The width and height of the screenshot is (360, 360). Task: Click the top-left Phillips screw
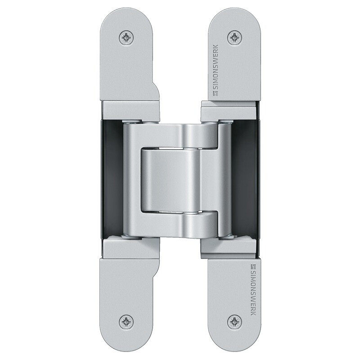click(x=126, y=37)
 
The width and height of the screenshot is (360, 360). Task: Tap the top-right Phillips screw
click(x=234, y=37)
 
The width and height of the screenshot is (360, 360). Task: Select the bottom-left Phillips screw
click(x=126, y=321)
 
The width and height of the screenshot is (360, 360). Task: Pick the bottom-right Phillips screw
click(x=234, y=321)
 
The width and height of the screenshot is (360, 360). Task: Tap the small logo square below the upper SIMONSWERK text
click(x=216, y=94)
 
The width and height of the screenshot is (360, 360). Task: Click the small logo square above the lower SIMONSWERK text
click(x=253, y=266)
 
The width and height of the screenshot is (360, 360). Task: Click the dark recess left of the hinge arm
click(x=112, y=180)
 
